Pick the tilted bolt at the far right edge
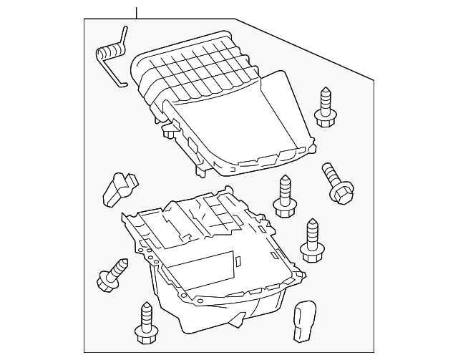335,180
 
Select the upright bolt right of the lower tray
312,237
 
